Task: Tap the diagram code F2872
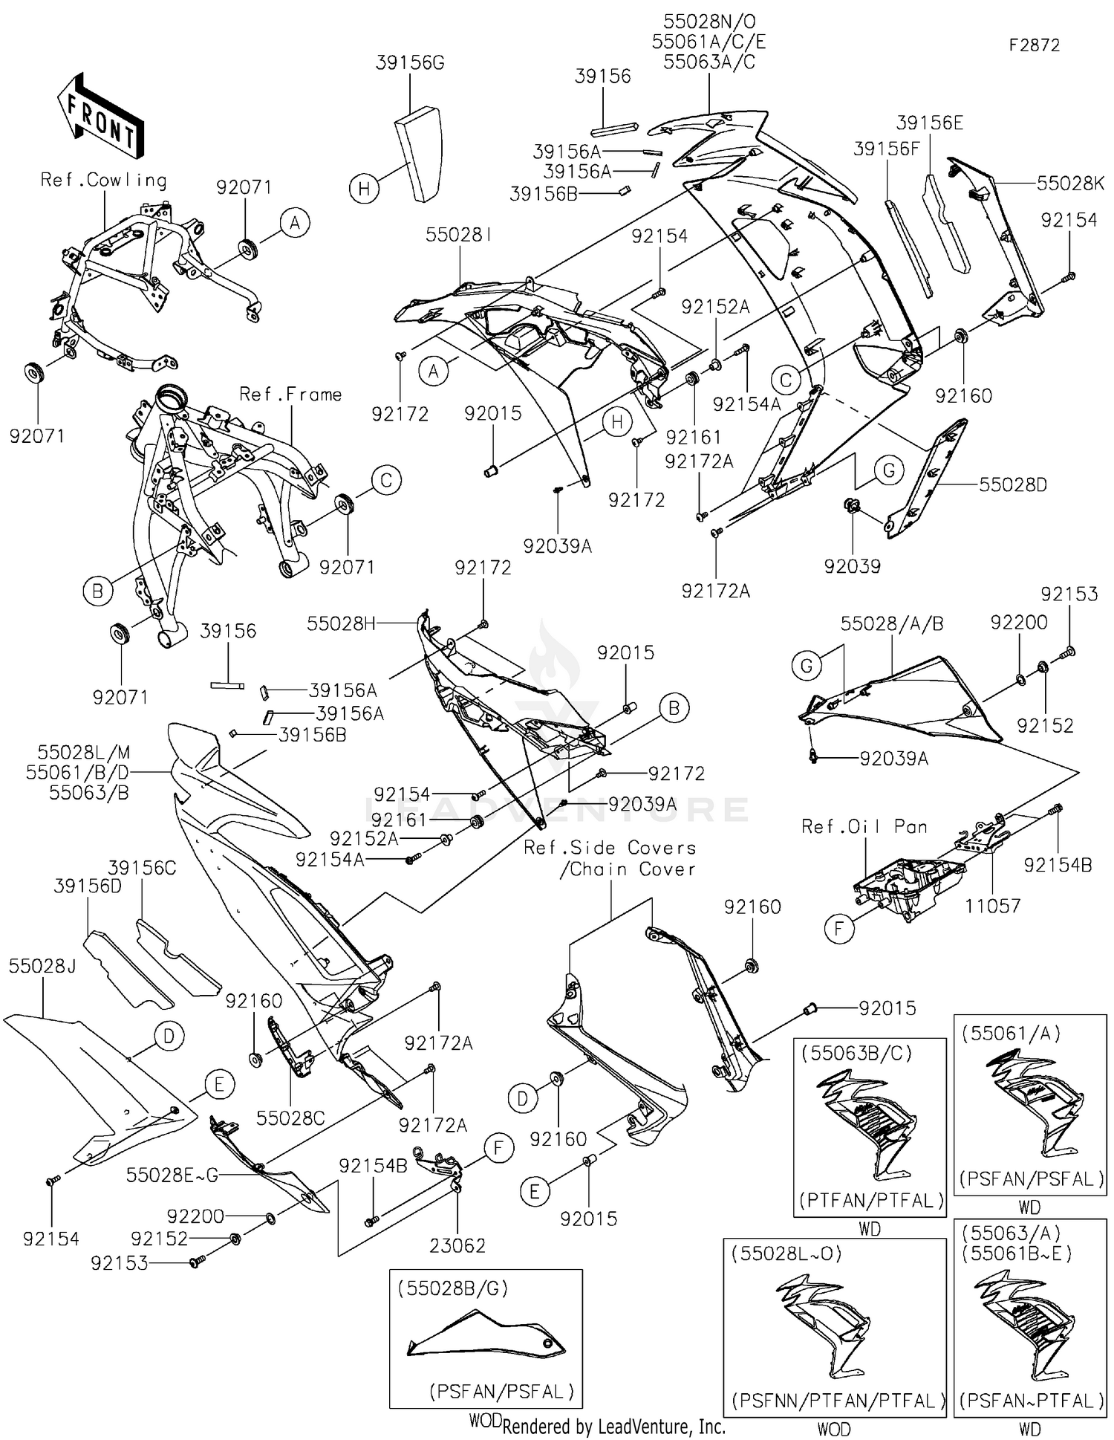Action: coord(1034,45)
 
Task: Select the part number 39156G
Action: coord(410,63)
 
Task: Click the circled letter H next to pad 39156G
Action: coord(364,189)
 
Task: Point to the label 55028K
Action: coord(1071,184)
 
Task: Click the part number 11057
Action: coord(992,906)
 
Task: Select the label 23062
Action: coord(457,1245)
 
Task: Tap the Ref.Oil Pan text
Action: coord(864,827)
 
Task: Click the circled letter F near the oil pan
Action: coord(840,929)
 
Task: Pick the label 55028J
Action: coord(42,966)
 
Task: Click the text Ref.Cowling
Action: coord(103,180)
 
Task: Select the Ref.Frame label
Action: coord(290,395)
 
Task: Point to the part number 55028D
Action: coord(1013,485)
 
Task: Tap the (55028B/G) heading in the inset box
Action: coord(453,1288)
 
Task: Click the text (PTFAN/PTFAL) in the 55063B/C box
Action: coord(871,1200)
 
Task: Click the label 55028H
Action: coord(342,623)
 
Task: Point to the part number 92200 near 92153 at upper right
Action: coord(1019,622)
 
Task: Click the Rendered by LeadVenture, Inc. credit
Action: coord(613,1427)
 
